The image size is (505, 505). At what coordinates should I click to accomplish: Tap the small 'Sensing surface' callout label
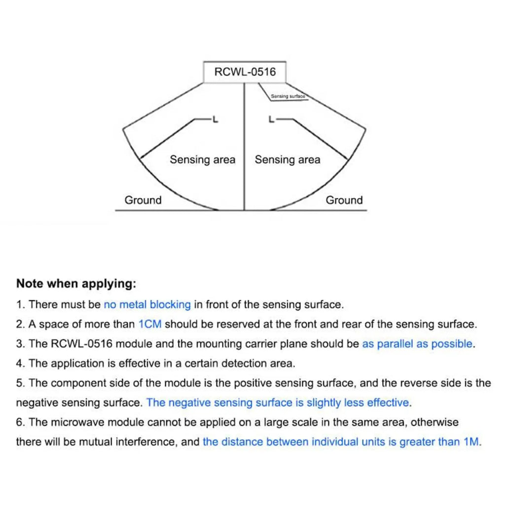click(x=288, y=96)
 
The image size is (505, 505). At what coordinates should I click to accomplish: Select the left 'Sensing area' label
click(x=203, y=160)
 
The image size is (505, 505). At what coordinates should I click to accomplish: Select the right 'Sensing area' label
click(x=288, y=160)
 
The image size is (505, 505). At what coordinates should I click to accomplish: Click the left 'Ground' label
click(x=143, y=200)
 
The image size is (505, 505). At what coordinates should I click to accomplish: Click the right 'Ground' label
click(x=344, y=200)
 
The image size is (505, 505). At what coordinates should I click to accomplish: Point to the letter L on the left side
click(x=216, y=119)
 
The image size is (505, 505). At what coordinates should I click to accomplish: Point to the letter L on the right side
click(x=272, y=119)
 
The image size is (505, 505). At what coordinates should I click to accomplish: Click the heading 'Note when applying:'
click(x=76, y=284)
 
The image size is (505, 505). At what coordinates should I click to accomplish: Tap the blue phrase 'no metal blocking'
click(x=147, y=304)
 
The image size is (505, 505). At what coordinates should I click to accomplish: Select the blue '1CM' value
click(x=150, y=324)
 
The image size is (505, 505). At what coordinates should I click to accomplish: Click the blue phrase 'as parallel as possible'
click(x=417, y=344)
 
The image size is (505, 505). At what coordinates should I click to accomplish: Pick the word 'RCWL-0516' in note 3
click(x=82, y=344)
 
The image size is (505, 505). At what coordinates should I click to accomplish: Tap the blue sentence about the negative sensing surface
click(x=278, y=402)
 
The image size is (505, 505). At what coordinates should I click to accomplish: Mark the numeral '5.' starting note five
click(x=21, y=383)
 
